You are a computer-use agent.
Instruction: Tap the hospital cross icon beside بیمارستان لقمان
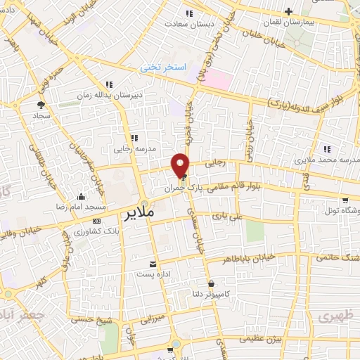coord(289,12)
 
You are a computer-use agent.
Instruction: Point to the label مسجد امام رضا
coord(81,207)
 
